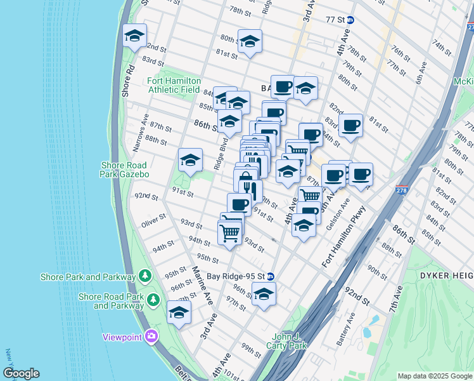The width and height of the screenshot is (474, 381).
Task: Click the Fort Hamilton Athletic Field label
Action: [x=174, y=85]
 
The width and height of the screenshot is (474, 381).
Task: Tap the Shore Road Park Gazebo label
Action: [x=125, y=170]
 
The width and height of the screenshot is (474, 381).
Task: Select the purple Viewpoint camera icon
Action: [x=151, y=337]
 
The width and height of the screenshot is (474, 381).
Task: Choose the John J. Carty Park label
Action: [x=289, y=341]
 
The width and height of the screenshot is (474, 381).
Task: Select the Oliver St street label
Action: [x=153, y=224]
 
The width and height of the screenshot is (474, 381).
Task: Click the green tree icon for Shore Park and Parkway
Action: [x=146, y=276]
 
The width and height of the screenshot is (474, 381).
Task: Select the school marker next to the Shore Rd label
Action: [x=135, y=37]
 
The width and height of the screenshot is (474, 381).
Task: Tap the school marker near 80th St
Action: [x=250, y=42]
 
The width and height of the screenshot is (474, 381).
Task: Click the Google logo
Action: [x=21, y=373]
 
